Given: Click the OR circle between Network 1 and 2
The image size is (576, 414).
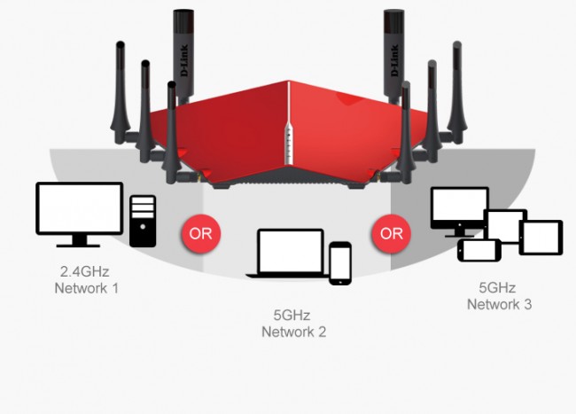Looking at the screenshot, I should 200,233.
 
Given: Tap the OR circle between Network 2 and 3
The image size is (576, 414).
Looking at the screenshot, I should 391,233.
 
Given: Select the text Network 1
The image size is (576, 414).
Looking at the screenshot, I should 86,288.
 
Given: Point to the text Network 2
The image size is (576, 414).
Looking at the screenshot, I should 293,332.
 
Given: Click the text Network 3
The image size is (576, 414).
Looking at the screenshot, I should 500,304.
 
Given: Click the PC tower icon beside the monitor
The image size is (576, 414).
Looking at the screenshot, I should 143,221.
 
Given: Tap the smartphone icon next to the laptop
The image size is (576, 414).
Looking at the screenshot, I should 340,263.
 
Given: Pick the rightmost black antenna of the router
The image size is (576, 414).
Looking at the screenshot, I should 456,89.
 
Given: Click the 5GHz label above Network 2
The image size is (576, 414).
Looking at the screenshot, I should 293,315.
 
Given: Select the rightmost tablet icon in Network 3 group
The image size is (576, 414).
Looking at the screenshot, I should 541,237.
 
